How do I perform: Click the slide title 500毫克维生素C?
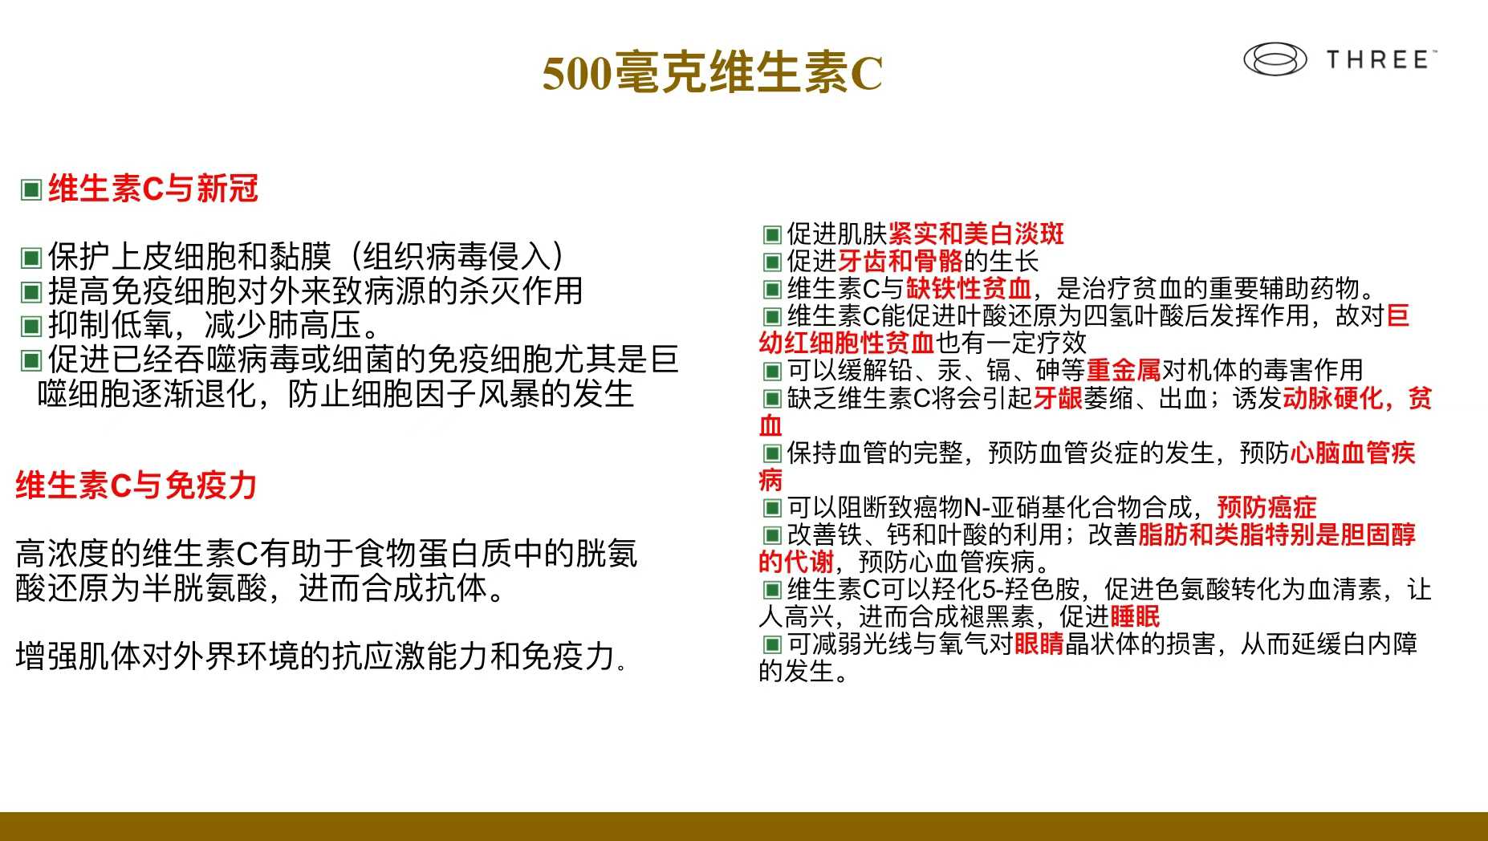pos(713,73)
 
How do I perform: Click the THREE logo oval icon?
pos(1275,59)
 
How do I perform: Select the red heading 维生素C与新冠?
pos(153,189)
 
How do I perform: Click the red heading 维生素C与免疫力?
pos(136,486)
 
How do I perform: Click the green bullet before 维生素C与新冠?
pos(31,190)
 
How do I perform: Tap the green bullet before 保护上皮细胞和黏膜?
pos(31,258)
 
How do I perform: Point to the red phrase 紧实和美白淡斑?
pos(976,234)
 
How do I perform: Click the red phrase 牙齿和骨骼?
pos(901,261)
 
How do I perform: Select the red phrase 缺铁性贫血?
pos(969,288)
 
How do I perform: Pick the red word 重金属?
pos(1124,370)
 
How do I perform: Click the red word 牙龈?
pos(1058,398)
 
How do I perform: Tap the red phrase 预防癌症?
pos(1266,507)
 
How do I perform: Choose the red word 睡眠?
pos(1134,616)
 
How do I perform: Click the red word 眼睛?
pos(1039,644)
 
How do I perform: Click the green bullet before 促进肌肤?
pos(772,234)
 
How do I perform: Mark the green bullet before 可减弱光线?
pos(772,644)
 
